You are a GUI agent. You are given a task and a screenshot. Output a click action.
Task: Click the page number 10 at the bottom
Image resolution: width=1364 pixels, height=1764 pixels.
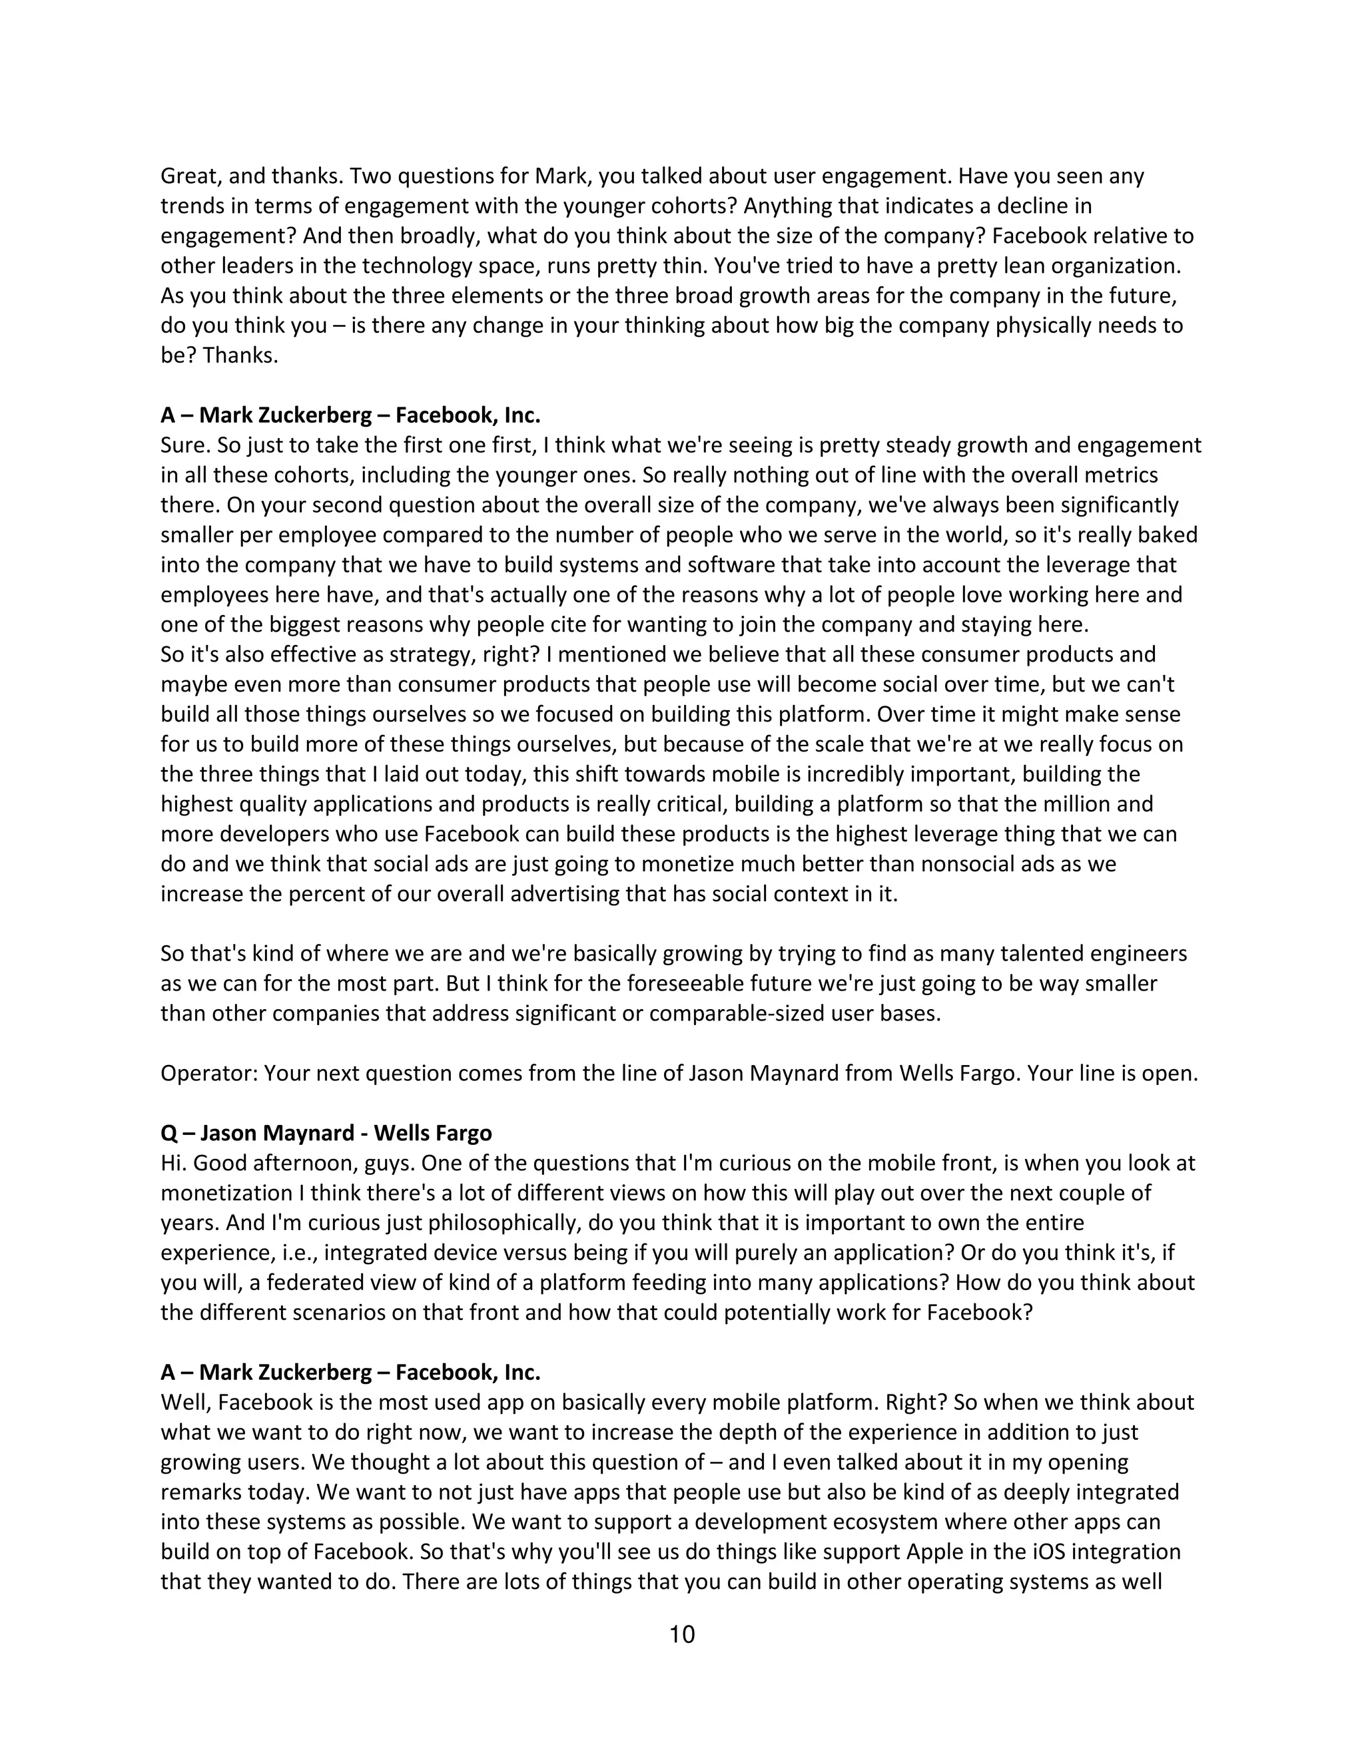(682, 1635)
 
